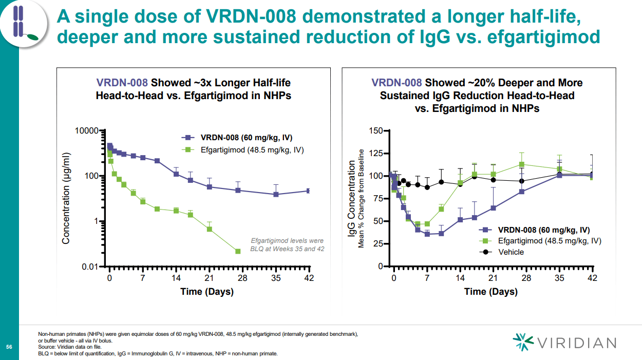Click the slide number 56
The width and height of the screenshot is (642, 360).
coord(9,348)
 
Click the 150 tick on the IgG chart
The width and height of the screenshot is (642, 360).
coord(376,130)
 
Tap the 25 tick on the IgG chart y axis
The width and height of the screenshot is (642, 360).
coord(378,244)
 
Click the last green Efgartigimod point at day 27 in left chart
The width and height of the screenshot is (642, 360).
coord(238,251)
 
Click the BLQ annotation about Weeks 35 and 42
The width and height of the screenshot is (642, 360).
coord(287,244)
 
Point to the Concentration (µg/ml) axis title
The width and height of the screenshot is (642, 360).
coord(66,198)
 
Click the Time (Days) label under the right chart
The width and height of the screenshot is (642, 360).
coord(490,292)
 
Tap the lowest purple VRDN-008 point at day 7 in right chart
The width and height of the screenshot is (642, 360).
coord(427,234)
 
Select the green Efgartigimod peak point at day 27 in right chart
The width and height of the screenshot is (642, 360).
coord(522,164)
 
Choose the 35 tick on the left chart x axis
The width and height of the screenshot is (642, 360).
coord(276,277)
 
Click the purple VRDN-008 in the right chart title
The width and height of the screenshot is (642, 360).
coord(396,83)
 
